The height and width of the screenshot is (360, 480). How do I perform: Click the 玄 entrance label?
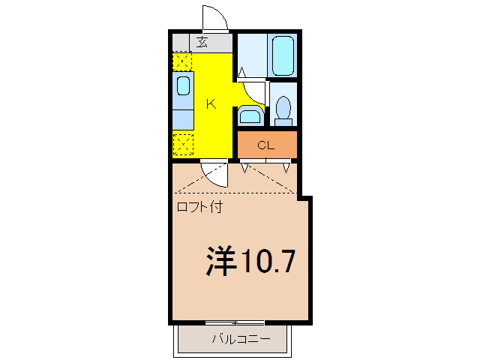coord(202,42)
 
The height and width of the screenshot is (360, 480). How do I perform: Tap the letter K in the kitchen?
coord(211,104)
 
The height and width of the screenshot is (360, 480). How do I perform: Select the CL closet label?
coord(266,145)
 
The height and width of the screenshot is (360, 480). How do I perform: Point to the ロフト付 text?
coord(199,207)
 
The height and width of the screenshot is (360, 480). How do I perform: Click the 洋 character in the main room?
coord(222,260)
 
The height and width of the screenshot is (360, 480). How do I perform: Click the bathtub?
coord(283,55)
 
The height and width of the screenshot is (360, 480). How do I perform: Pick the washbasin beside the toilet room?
coord(250,115)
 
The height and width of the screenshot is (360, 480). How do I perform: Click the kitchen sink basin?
coord(183,85)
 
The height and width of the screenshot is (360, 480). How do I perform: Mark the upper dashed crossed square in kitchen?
coord(181,61)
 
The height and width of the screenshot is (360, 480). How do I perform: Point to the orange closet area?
coord(268,145)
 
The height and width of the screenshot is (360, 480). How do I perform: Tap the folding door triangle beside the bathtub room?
coord(243,73)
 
